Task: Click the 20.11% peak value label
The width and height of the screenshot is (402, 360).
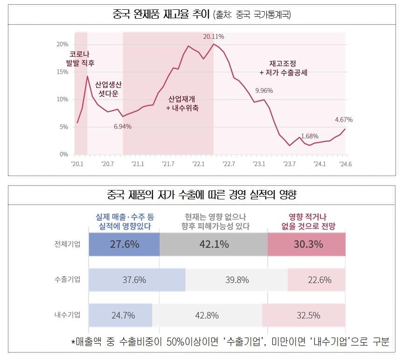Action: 214,36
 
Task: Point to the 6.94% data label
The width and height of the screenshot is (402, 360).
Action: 123,127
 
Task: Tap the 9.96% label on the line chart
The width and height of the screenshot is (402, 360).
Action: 264,90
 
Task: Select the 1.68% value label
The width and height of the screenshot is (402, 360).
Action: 310,136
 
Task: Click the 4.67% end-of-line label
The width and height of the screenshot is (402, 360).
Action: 344,120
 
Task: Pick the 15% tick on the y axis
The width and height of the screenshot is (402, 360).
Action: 62,72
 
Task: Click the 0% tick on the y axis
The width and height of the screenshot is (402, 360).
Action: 64,154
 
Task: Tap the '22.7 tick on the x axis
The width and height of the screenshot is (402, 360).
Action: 229,164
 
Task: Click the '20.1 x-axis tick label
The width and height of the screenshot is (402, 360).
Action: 77,164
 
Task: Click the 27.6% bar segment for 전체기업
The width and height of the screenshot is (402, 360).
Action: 124,244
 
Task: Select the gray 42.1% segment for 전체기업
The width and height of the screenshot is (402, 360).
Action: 214,244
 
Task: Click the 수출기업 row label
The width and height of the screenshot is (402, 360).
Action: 67,280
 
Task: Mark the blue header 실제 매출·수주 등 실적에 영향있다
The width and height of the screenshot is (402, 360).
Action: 125,221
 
